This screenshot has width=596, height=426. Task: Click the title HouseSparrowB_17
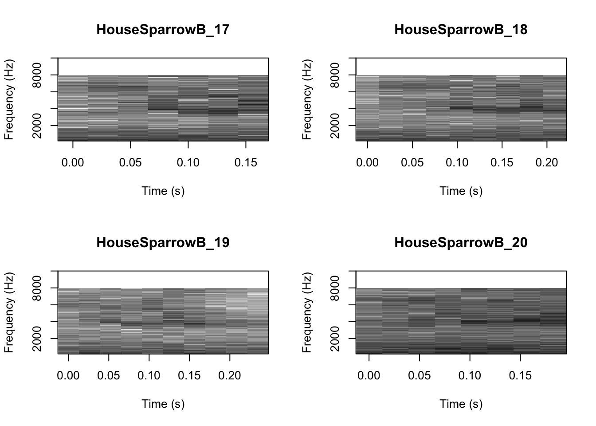point(163,30)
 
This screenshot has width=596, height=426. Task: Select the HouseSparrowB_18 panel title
point(461,30)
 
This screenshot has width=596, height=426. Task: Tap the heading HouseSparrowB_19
point(163,243)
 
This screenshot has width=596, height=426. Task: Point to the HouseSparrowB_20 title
point(461,243)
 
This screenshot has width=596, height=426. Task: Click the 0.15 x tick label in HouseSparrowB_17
point(246,162)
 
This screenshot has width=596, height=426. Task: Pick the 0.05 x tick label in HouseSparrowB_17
point(130,162)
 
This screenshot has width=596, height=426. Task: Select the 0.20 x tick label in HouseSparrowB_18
point(547,162)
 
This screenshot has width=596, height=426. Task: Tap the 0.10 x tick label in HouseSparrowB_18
point(457,162)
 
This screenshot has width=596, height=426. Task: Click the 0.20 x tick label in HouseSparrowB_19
point(229,375)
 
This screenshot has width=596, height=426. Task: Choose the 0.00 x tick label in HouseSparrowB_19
point(68,375)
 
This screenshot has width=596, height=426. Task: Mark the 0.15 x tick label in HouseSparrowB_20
point(520,375)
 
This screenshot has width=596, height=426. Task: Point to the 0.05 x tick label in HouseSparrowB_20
point(419,375)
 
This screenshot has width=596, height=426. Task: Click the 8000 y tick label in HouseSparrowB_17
point(37,75)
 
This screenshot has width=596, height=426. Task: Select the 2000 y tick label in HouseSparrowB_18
point(335,126)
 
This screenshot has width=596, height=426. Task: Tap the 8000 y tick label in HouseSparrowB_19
point(37,288)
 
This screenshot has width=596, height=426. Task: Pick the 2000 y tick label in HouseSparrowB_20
point(335,339)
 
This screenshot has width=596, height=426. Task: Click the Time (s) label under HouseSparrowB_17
point(163,191)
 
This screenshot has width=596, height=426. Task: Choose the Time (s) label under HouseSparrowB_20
point(461,404)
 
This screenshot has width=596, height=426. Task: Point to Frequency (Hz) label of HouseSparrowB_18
point(307,99)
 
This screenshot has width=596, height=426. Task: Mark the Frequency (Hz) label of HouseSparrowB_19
point(9,312)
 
